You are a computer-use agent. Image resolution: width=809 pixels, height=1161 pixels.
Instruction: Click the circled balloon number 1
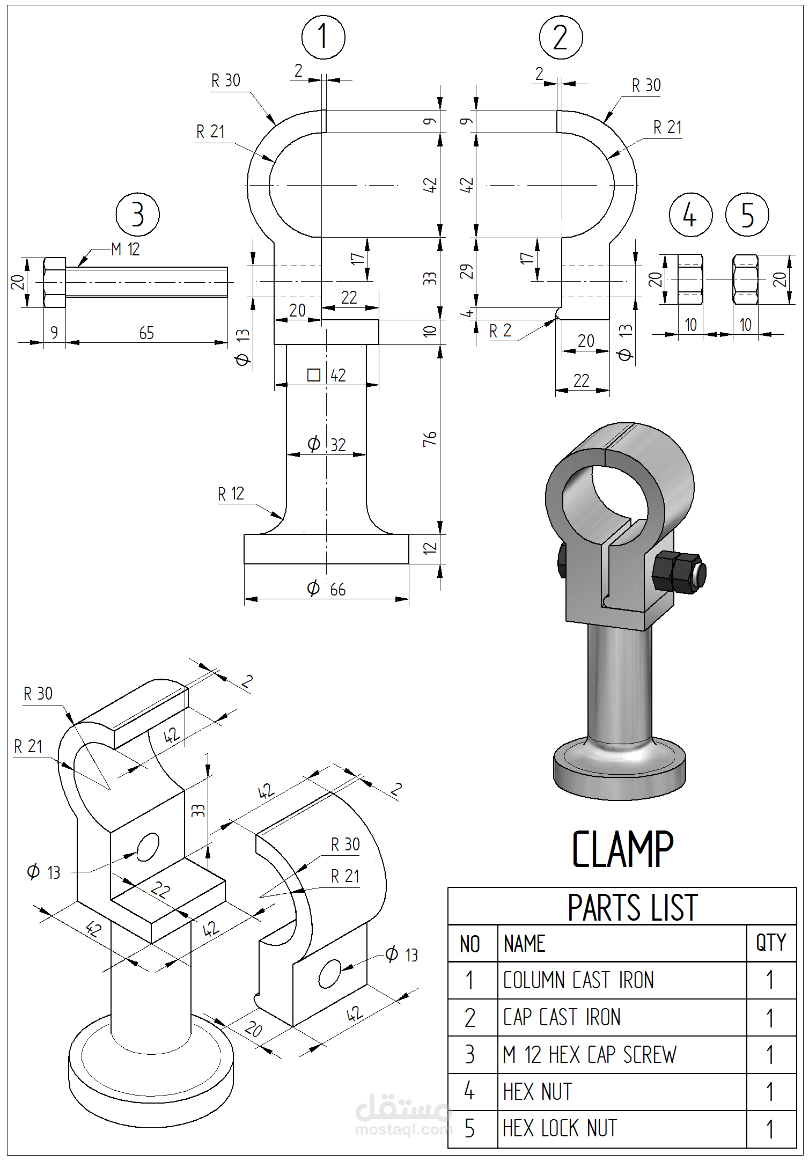(x=323, y=38)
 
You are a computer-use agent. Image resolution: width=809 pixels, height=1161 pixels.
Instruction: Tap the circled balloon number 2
(x=561, y=38)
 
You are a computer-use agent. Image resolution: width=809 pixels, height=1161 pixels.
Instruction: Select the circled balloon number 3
(x=138, y=215)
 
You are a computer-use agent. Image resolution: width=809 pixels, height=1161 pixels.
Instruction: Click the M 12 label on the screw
(x=126, y=249)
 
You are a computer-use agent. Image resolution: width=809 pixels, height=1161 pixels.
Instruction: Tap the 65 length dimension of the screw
(x=146, y=333)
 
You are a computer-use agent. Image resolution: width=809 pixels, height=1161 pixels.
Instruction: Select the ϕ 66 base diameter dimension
(x=326, y=589)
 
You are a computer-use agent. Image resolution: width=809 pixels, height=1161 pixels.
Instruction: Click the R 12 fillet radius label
(x=231, y=494)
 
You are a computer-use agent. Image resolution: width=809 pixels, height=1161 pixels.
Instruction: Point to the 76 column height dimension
(x=430, y=439)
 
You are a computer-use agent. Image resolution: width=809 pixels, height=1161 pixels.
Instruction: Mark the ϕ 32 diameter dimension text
(x=326, y=445)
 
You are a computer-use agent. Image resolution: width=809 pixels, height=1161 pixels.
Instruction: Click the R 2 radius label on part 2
(x=500, y=332)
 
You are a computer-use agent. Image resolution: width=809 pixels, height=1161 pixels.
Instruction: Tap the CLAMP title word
(x=622, y=849)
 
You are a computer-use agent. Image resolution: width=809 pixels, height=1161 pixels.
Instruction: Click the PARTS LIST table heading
(x=633, y=908)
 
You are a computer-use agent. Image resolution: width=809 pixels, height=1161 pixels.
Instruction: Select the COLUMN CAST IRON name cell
(x=578, y=980)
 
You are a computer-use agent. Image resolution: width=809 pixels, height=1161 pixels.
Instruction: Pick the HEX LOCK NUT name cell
(x=560, y=1128)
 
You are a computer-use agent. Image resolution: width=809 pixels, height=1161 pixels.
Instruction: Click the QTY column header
(x=771, y=943)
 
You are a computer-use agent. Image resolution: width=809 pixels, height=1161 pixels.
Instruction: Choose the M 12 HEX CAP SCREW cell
(x=590, y=1055)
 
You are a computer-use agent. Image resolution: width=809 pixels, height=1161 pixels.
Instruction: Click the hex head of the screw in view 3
(x=54, y=282)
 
